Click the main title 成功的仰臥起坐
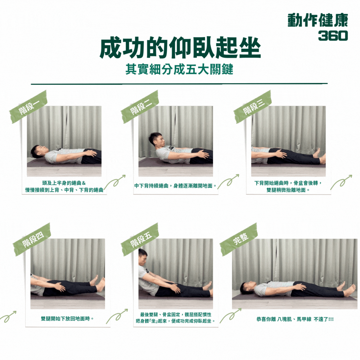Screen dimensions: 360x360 [180, 48]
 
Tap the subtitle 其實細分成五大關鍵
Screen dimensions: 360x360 [179, 69]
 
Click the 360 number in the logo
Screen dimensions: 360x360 [333, 36]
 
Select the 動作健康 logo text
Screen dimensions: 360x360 [318, 20]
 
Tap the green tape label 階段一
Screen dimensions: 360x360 [28, 107]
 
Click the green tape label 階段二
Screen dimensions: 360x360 [140, 107]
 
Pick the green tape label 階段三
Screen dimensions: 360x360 [253, 107]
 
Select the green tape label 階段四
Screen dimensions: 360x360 [32, 239]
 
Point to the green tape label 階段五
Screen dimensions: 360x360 [140, 239]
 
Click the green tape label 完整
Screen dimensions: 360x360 [239, 239]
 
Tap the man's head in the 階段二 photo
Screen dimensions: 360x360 [156, 140]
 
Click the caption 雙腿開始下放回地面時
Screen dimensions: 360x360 [67, 319]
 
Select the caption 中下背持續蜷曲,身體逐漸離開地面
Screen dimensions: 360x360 [176, 186]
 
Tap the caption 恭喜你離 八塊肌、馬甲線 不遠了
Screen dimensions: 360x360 [295, 319]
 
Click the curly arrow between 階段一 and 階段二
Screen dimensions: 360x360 [115, 182]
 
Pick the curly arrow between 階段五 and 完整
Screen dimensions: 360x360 [231, 316]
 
